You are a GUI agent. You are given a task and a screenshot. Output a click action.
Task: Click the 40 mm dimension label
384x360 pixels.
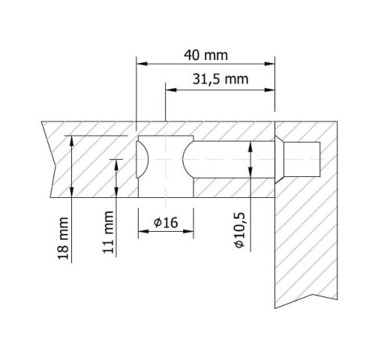pos(205,55)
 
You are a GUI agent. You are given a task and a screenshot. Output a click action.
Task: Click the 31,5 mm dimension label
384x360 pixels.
pos(220,79)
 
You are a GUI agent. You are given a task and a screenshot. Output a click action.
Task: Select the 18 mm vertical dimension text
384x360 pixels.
pos(63,238)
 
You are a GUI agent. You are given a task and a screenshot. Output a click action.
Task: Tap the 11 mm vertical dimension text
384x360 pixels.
pos(108,232)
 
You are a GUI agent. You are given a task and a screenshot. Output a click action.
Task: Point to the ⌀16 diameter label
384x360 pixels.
pos(166,222)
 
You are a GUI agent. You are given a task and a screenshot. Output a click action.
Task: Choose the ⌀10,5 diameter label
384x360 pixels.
pos(239,230)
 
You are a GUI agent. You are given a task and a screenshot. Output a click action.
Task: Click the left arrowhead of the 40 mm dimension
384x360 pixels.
pos(142,64)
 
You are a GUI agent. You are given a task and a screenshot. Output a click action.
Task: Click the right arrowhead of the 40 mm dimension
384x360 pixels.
pos(269,64)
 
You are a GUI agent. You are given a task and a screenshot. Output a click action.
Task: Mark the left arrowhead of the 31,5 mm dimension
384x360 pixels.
pos(171,90)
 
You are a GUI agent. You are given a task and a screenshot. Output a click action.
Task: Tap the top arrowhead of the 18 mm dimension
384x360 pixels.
pos(72,141)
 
